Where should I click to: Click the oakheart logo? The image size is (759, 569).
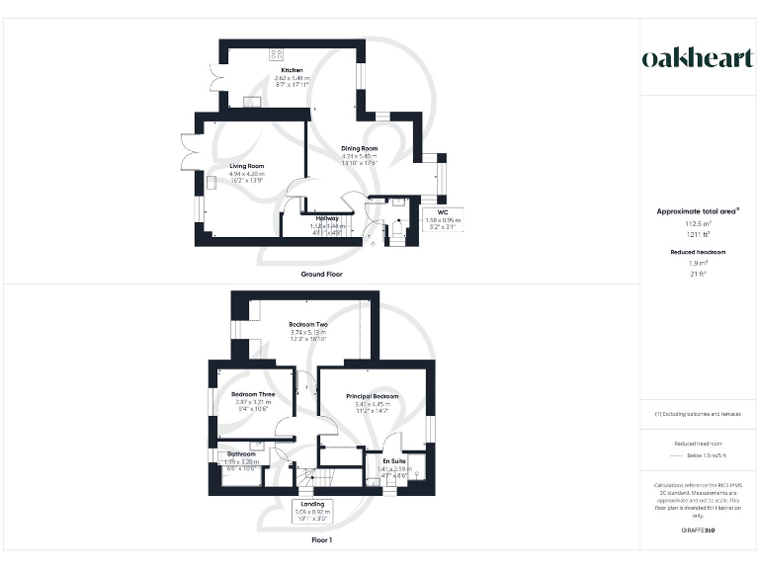699,58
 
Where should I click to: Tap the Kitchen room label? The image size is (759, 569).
291,70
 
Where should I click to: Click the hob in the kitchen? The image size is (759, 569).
276,54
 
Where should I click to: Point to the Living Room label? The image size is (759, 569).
247,166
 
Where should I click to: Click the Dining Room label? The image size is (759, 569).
360,148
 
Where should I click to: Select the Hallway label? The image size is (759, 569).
327,218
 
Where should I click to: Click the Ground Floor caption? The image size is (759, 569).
321,274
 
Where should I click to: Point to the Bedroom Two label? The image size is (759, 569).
308,324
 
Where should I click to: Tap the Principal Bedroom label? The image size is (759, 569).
373,396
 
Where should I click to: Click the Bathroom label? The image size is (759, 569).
241,454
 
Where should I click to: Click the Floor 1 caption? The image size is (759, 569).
322,541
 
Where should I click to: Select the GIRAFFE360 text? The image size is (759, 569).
699,531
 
